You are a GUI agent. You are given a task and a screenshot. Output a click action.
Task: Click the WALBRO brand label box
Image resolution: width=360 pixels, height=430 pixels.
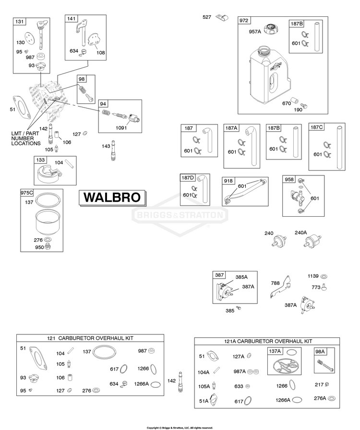click(113, 198)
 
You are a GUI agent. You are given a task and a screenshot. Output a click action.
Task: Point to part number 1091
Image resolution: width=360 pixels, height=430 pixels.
click(121, 128)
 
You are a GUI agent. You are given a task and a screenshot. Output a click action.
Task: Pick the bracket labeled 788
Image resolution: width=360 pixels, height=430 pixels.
click(280, 287)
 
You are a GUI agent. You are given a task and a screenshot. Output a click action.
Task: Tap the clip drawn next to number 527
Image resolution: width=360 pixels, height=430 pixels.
click(222, 18)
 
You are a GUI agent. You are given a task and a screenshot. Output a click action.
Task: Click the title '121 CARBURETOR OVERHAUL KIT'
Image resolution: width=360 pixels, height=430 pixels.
click(90, 338)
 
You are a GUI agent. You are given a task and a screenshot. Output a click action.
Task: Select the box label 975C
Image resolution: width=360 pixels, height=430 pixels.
click(26, 193)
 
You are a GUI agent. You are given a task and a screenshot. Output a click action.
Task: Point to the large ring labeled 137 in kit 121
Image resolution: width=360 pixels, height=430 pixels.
click(104, 352)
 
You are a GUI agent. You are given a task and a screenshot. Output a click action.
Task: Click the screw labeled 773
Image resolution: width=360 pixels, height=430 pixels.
click(324, 287)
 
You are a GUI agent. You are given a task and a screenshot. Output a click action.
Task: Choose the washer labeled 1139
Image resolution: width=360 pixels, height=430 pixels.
click(324, 276)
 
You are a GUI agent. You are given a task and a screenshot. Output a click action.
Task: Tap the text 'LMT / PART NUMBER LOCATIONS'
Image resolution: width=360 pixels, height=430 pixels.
click(26, 138)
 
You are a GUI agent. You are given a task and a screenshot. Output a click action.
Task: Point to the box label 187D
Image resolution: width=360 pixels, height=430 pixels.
click(188, 178)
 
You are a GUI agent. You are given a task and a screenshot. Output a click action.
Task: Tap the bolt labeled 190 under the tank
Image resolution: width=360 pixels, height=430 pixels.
click(304, 105)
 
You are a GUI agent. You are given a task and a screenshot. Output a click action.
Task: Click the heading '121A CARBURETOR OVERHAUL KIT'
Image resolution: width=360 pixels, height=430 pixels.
click(268, 341)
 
